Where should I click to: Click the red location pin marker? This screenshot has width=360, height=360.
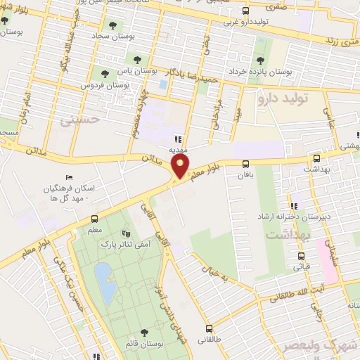(181, 166)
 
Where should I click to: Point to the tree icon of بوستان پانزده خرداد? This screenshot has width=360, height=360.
(261, 60)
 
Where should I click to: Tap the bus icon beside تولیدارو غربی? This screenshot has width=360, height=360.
(245, 11)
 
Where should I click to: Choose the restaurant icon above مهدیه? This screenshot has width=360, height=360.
(178, 139)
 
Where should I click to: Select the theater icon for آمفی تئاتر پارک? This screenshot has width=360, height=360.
(126, 233)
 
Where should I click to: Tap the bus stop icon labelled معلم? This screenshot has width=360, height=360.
(96, 220)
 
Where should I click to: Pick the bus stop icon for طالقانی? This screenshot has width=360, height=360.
(209, 328)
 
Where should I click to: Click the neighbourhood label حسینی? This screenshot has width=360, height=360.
(75, 120)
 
